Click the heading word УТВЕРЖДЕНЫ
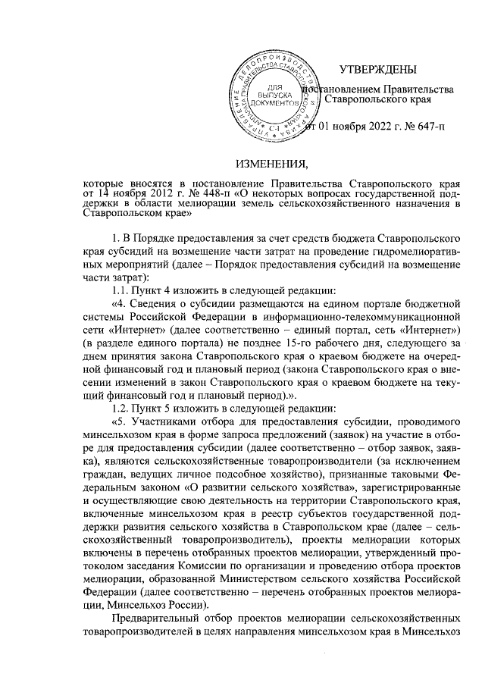[380, 71]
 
